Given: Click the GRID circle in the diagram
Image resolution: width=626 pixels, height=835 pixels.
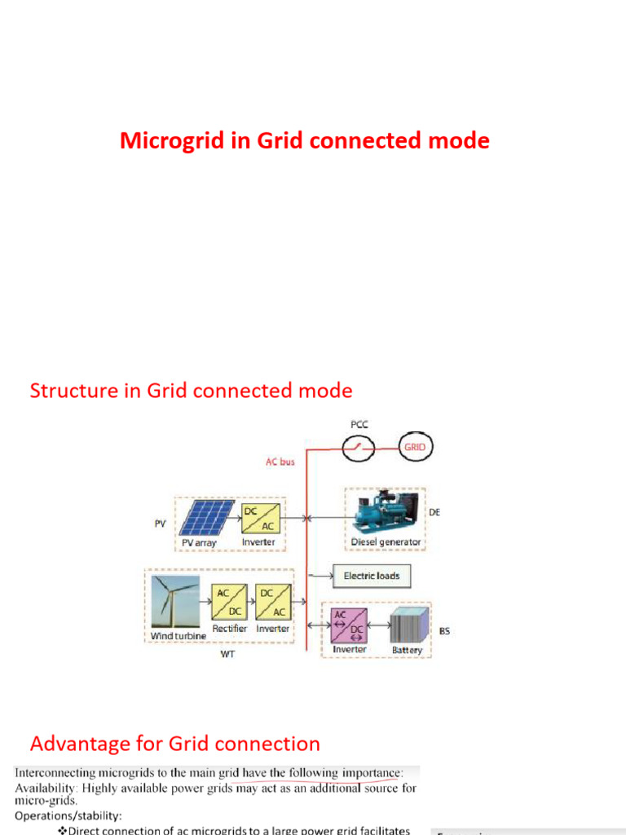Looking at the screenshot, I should [x=416, y=446].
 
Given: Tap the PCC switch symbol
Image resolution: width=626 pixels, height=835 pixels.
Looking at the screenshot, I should [x=359, y=446].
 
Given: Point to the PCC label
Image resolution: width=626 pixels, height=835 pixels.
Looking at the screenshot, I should [x=359, y=425].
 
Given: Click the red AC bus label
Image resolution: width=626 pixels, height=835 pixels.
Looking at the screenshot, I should [x=280, y=462].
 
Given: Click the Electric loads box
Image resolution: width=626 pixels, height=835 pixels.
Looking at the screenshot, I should [x=372, y=576].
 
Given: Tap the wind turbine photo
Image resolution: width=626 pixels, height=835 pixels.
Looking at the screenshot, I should [x=173, y=603].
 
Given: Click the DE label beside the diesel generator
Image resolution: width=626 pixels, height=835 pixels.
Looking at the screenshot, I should [x=434, y=513].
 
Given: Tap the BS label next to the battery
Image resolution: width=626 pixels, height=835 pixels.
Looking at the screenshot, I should [x=444, y=631].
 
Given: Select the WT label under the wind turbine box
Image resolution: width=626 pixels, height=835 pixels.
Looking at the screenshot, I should [x=227, y=655].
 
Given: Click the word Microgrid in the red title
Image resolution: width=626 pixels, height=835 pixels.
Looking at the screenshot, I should [x=161, y=141].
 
